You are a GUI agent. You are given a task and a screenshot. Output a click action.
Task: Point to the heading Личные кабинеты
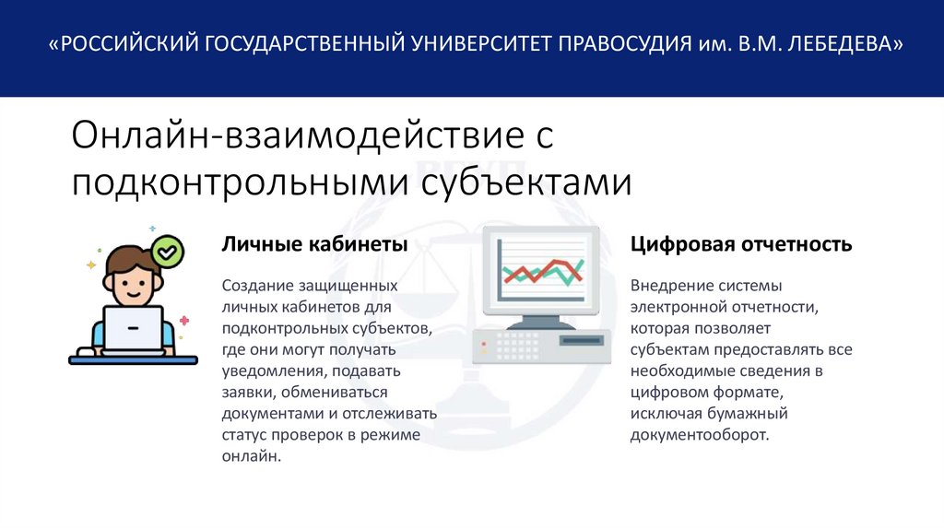(x=314, y=245)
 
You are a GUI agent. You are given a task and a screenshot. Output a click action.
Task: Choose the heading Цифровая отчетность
(x=741, y=245)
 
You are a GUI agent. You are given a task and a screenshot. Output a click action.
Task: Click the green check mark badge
(x=168, y=250)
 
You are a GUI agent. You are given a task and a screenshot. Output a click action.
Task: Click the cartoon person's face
(x=132, y=279)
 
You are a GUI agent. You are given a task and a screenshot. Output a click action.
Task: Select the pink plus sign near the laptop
(x=184, y=321)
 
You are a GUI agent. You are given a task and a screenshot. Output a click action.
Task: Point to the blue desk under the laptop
(x=133, y=359)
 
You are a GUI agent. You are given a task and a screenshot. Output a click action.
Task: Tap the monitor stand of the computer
(x=541, y=322)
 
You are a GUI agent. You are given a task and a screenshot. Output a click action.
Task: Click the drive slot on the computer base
(x=582, y=340)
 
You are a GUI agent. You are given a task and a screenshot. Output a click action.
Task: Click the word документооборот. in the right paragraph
(x=699, y=435)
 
